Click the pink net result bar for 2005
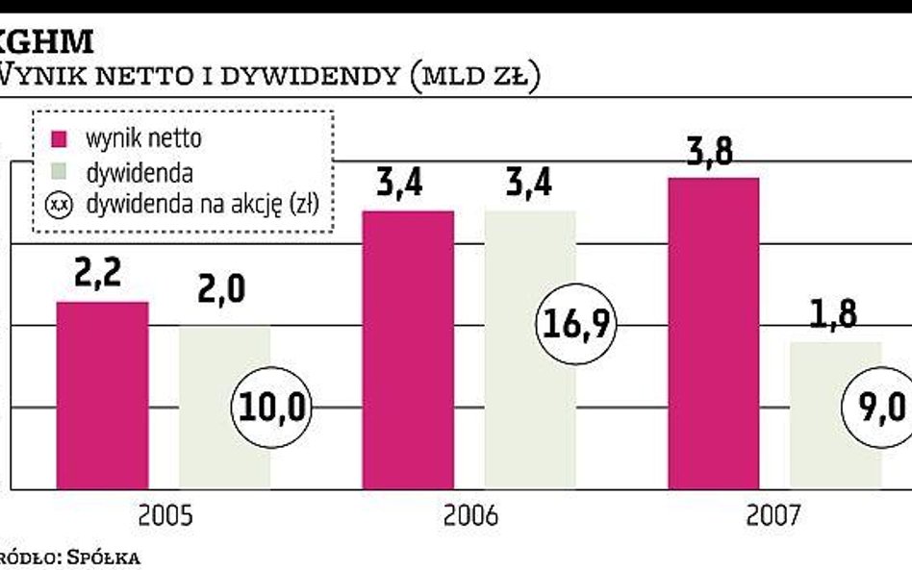[x=102, y=395]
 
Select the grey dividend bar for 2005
[x=207, y=365]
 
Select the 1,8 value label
[x=832, y=314]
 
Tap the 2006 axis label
[x=470, y=516]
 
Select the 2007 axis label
[x=773, y=516]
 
